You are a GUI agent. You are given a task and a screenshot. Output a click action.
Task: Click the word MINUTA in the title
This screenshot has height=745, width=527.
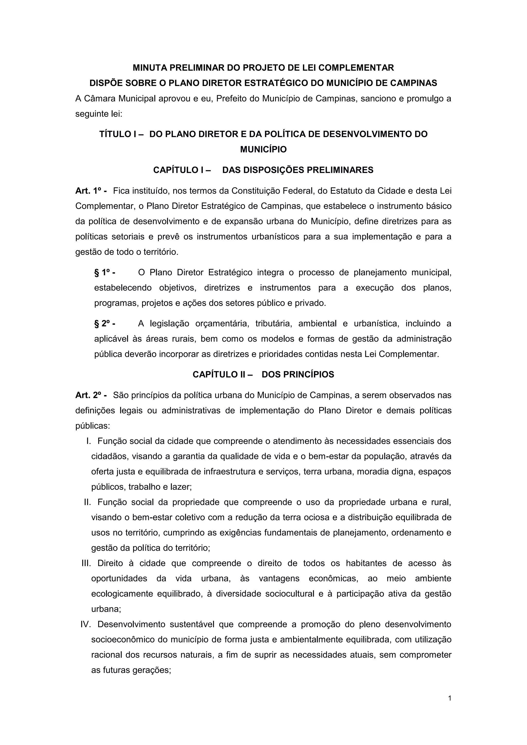coord(150,68)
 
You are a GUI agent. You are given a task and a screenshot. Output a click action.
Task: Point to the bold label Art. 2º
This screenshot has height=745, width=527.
coord(91,395)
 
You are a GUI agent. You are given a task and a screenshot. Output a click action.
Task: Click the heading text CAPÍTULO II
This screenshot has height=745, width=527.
coord(222,375)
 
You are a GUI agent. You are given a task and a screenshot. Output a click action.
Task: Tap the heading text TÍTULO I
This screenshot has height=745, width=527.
coord(121,134)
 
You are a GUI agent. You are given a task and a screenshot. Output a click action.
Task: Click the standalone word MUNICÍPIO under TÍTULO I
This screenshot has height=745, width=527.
coord(263,149)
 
